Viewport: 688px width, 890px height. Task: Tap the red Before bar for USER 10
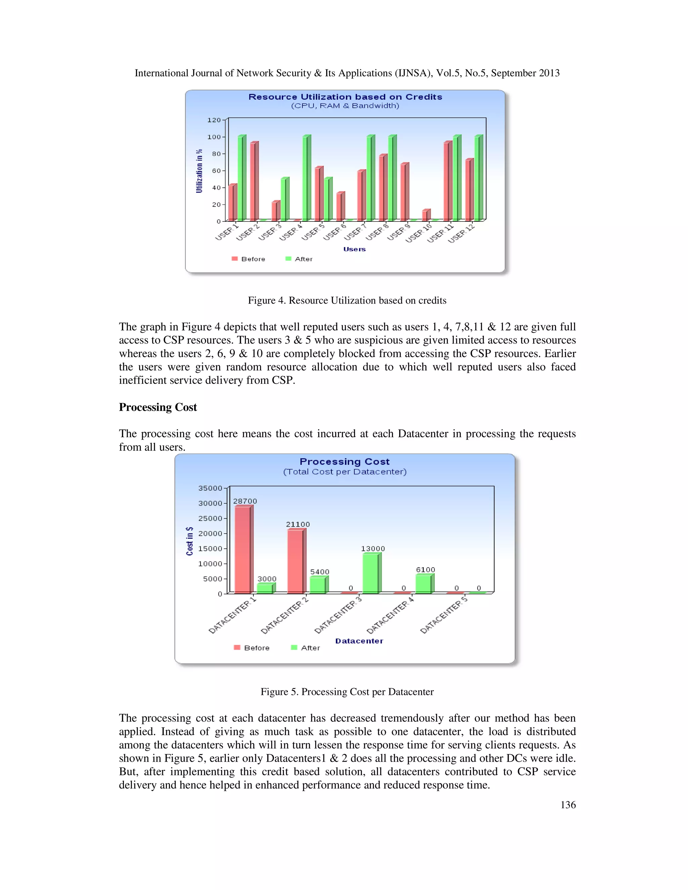click(x=425, y=215)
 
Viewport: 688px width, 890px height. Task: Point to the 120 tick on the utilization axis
click(x=214, y=120)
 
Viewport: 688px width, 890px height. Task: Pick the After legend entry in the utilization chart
click(x=299, y=259)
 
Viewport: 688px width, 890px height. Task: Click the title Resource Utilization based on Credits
click(x=345, y=97)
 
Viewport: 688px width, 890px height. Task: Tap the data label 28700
click(x=245, y=501)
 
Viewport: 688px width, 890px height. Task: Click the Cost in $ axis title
click(x=189, y=541)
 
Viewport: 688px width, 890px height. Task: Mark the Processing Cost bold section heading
click(x=158, y=407)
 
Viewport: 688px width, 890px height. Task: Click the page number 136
click(x=568, y=804)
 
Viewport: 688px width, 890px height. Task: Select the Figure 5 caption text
click(x=347, y=692)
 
